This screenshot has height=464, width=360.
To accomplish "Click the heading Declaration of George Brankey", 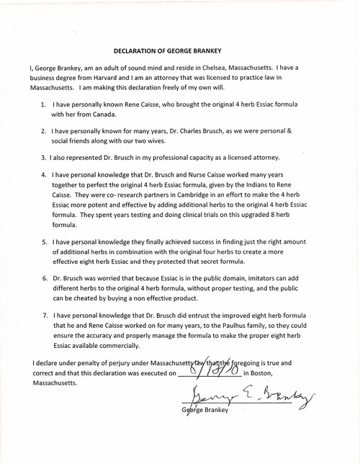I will pyautogui.click(x=179, y=51).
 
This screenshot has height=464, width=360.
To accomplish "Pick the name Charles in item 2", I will pyautogui.click(x=194, y=133).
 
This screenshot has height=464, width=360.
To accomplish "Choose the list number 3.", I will pyautogui.click(x=44, y=158).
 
